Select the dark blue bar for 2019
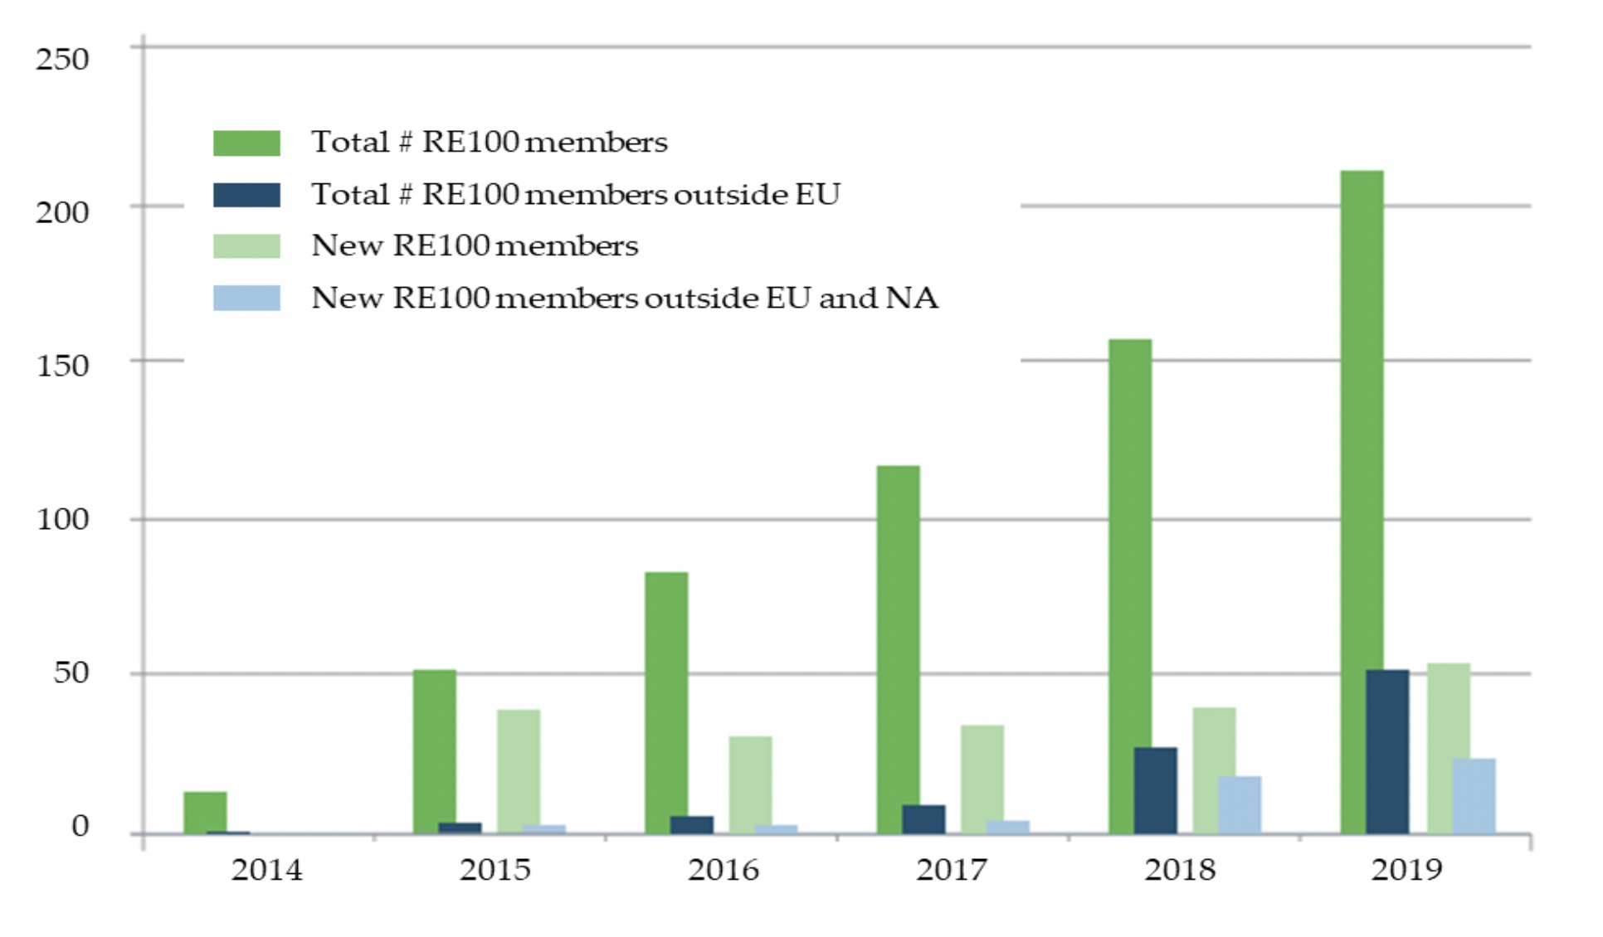(x=1387, y=751)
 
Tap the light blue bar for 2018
(x=1240, y=804)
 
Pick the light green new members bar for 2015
(x=519, y=771)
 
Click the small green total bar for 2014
(x=205, y=813)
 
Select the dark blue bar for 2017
(x=923, y=818)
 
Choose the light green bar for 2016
(x=750, y=784)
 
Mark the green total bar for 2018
(x=1129, y=585)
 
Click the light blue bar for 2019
(x=1474, y=795)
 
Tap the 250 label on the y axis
(x=62, y=59)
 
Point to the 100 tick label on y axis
(x=62, y=519)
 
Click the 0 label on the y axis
(x=80, y=825)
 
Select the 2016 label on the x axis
(x=723, y=869)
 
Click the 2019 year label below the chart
(x=1406, y=869)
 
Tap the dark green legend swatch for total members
(x=246, y=143)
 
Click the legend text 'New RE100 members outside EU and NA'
(x=624, y=298)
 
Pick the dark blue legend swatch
(x=246, y=195)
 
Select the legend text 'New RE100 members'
(x=475, y=245)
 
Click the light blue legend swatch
(x=246, y=298)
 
